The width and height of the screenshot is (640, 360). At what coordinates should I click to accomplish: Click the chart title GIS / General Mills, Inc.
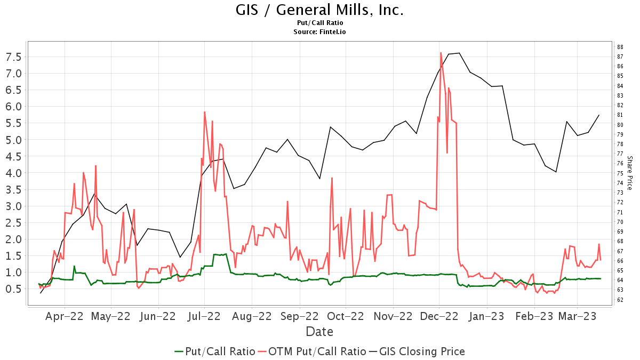coord(319,10)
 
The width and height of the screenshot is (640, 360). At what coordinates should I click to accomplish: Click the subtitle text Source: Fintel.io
coord(319,32)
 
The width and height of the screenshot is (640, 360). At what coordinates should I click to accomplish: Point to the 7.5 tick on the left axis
coord(13,57)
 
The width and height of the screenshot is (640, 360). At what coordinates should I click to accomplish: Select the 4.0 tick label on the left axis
coord(13,173)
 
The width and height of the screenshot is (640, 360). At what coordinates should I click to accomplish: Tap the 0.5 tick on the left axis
coord(13,289)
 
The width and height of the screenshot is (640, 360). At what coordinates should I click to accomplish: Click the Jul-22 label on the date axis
coord(204,316)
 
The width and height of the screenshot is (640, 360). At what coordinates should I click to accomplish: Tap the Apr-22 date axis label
coord(65,316)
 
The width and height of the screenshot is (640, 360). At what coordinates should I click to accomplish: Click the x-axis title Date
coord(319,332)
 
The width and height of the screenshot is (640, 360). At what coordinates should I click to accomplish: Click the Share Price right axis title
coord(630,173)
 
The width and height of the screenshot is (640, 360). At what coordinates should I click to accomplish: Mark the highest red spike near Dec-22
coord(441,53)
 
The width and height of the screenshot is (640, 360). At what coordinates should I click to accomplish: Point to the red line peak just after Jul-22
coord(204,112)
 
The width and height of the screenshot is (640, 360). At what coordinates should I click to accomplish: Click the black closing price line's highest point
coord(459,53)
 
